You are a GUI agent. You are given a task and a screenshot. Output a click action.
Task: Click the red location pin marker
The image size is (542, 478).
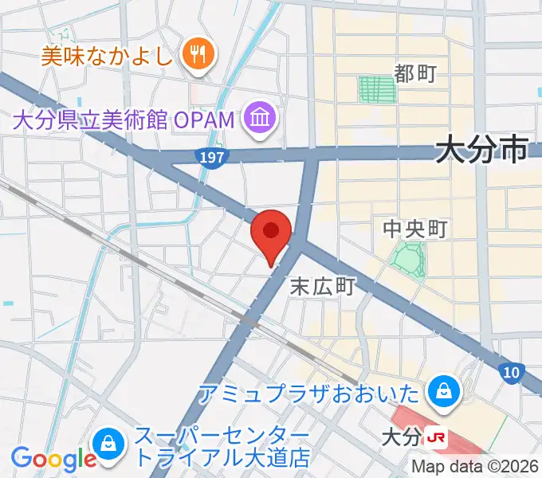[x=271, y=233]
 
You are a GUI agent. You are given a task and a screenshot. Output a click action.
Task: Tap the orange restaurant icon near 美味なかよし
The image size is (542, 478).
[x=194, y=54]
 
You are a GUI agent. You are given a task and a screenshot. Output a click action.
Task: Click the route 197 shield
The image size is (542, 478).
[x=212, y=158]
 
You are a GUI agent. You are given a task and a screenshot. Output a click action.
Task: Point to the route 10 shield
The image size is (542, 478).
[x=510, y=371]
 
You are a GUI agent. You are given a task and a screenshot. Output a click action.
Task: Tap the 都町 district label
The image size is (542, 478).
[x=415, y=74]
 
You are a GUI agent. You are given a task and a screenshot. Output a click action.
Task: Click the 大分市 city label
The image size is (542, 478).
[x=482, y=149]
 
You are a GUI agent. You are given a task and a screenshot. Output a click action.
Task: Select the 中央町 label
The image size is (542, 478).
[x=415, y=229]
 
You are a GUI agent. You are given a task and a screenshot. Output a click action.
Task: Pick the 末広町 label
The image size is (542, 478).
[x=321, y=286]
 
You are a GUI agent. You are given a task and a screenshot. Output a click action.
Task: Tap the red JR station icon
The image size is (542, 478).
[x=435, y=437]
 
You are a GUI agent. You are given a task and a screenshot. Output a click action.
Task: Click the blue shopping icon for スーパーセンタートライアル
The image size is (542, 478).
[x=107, y=443]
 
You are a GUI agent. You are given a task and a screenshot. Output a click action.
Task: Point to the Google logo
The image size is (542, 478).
[x=53, y=460]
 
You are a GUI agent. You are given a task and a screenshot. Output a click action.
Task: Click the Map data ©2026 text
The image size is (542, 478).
[x=476, y=467]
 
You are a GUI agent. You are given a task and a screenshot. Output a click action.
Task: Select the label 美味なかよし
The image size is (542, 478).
[x=108, y=55]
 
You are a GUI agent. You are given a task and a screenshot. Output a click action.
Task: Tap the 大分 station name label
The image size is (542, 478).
[x=401, y=437]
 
